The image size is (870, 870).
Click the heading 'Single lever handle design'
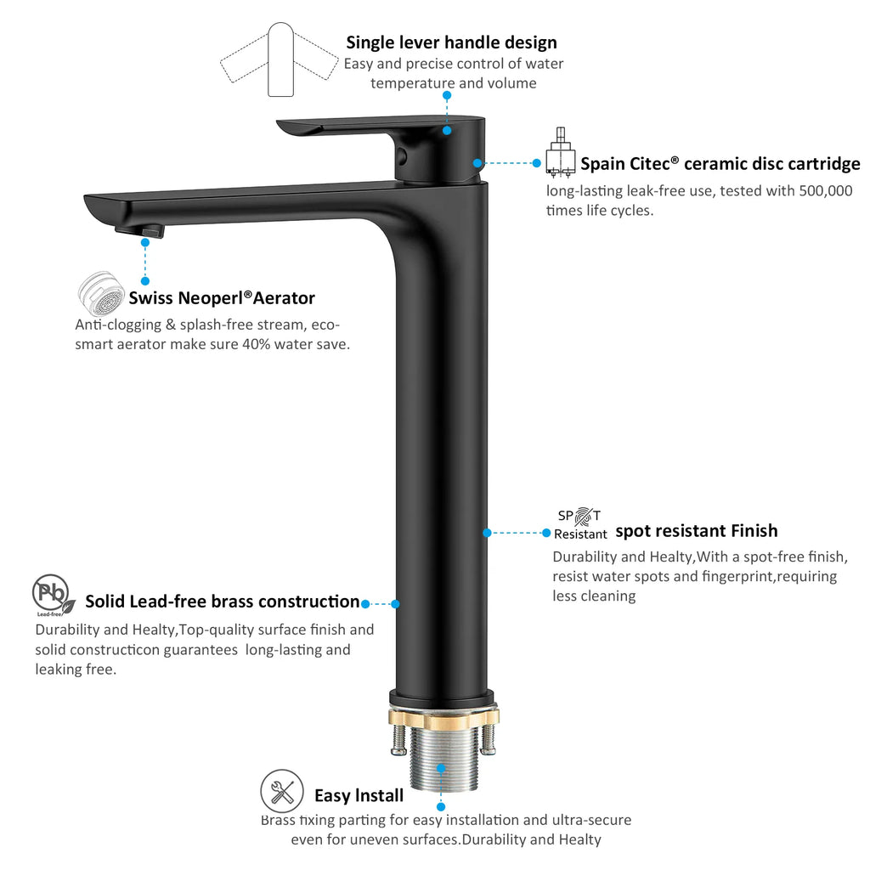coord(451,42)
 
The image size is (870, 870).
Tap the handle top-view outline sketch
coord(280,60)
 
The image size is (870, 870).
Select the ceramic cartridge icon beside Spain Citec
coord(560,153)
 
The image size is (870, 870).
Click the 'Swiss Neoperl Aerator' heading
coord(222,298)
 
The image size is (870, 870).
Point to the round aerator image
coord(101,293)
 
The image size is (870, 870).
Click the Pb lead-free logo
coord(53,596)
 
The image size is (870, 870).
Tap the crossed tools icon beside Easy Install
coord(282,791)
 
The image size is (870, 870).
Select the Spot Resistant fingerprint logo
coord(580,523)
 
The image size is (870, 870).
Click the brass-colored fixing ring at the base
coord(443,716)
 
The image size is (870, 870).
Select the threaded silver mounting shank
coord(443,757)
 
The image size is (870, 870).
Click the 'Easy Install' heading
coord(359,795)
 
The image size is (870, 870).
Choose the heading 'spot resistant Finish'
coord(697,531)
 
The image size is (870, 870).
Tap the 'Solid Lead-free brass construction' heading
coord(223,602)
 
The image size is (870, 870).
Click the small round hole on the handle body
coord(402,155)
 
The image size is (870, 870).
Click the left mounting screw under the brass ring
coord(399,740)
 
